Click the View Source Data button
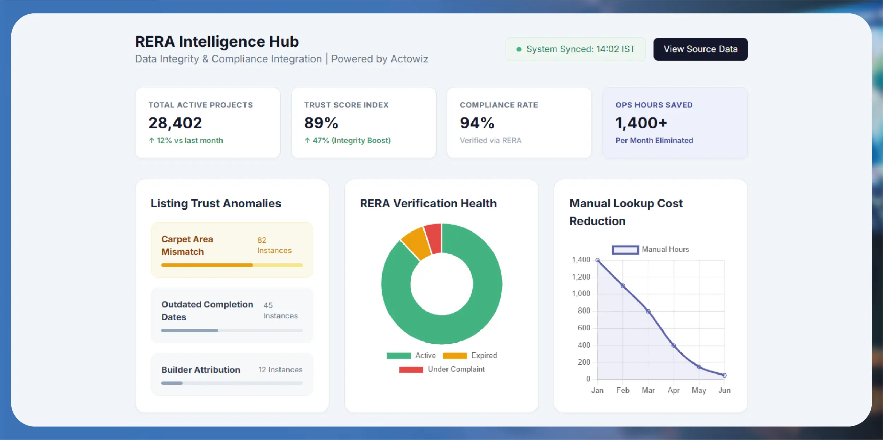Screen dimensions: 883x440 tap(700, 49)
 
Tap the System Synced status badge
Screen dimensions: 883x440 tap(575, 49)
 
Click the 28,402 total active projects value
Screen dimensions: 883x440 tap(175, 123)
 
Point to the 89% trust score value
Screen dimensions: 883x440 tap(321, 123)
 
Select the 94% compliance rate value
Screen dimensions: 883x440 tap(477, 123)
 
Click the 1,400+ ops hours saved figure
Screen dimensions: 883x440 tap(641, 123)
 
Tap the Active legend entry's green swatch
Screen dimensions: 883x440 tap(399, 356)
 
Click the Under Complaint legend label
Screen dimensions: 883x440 tap(456, 369)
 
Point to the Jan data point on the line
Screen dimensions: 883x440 tap(597, 260)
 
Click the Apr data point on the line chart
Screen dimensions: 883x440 tap(674, 346)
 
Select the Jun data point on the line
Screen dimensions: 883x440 tap(724, 375)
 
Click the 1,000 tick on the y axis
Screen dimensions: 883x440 tap(581, 294)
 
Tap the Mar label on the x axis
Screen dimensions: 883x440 tap(648, 391)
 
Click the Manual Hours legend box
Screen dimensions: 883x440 tap(625, 250)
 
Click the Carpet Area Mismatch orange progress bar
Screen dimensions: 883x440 tap(207, 265)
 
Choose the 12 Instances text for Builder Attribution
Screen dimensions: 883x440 tap(280, 370)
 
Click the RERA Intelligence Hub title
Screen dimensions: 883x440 tap(217, 42)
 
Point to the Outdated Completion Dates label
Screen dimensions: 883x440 tap(207, 311)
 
